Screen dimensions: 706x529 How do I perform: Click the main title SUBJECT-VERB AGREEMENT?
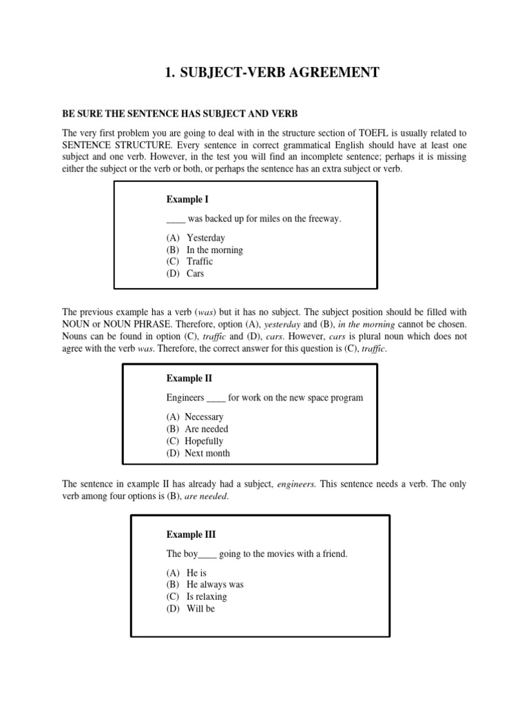(x=272, y=72)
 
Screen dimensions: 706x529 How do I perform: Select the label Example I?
(x=187, y=199)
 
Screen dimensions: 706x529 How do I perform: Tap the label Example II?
(x=189, y=379)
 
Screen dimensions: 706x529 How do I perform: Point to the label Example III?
(x=191, y=534)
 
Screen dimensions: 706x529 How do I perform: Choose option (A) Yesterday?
(x=196, y=238)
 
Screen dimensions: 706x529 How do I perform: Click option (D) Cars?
(x=185, y=273)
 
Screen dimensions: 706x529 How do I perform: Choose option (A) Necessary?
(x=194, y=417)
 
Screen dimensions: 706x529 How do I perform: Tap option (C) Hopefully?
(x=194, y=441)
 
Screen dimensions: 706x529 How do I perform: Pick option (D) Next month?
(x=198, y=453)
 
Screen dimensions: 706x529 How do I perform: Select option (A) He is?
(x=186, y=573)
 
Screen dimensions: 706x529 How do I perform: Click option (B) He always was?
(x=205, y=585)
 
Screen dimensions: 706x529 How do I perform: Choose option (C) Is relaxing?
(x=196, y=596)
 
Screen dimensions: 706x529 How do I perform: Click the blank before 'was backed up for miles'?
(x=176, y=219)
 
